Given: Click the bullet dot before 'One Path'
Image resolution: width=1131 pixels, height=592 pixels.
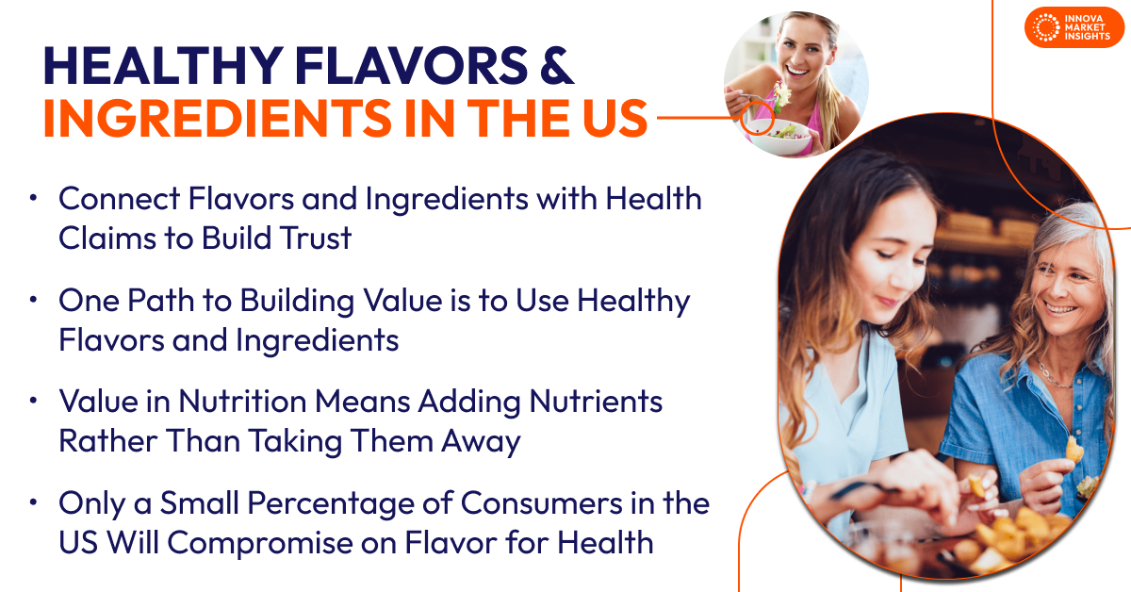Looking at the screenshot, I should [34, 301].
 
